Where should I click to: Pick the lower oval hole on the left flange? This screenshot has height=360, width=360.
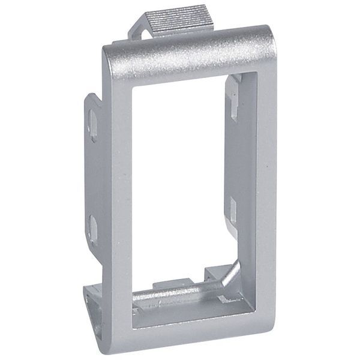coord(94,227)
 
